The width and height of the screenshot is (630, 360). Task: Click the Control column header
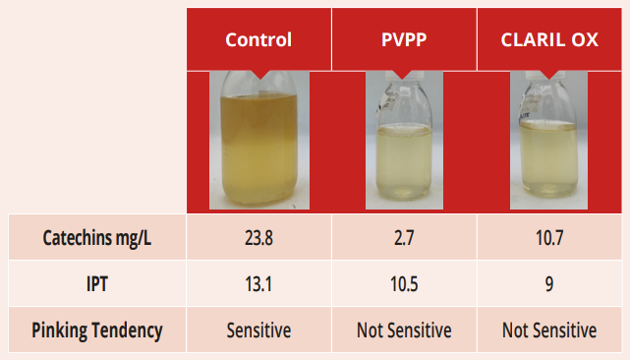tap(258, 39)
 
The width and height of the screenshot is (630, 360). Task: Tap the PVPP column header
tap(404, 39)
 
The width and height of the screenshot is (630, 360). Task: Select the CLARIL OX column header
tap(549, 39)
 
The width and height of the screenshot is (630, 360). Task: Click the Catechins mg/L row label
tap(97, 238)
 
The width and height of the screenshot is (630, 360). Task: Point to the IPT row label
tap(97, 284)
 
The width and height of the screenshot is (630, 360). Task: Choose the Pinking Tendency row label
tap(97, 330)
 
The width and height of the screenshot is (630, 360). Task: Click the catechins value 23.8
tap(258, 238)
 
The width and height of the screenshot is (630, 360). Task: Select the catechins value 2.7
tap(404, 238)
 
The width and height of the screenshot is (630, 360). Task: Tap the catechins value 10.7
tap(549, 238)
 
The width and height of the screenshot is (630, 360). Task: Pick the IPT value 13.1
tap(258, 284)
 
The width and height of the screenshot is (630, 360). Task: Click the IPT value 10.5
tap(404, 284)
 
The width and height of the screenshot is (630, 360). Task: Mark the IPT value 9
tap(549, 284)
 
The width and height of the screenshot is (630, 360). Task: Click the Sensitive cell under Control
tap(258, 330)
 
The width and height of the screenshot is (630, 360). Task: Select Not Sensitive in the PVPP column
tap(404, 330)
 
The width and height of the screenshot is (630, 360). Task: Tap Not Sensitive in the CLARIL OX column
tap(549, 330)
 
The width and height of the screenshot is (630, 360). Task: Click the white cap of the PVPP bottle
tap(404, 75)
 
